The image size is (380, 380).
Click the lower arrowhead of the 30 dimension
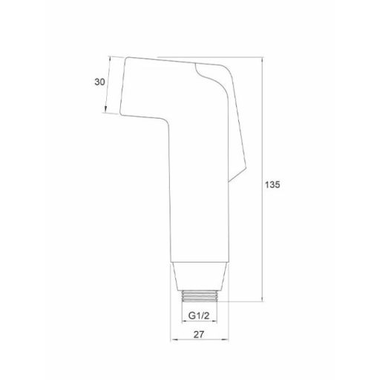(106, 111)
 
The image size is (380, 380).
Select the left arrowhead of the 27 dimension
(174, 342)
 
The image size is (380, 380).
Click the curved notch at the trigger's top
(202, 70)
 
